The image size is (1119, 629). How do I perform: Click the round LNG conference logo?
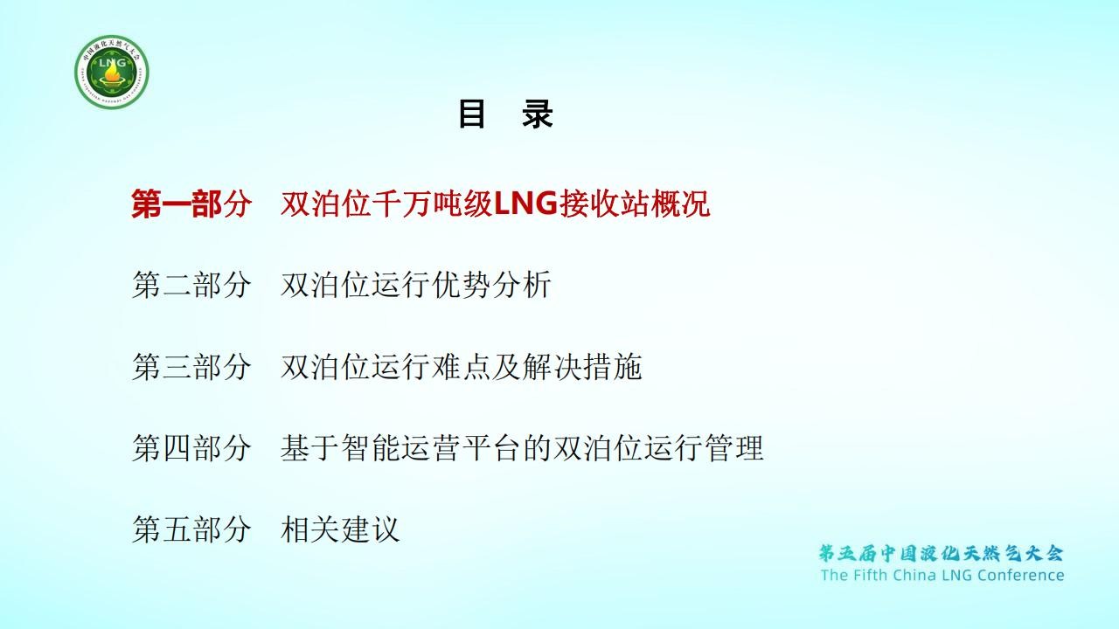(112, 72)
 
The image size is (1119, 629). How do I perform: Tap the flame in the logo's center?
(112, 75)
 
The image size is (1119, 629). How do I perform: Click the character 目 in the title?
(471, 114)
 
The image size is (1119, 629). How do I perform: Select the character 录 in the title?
(538, 114)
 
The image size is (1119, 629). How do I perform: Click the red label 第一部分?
(191, 204)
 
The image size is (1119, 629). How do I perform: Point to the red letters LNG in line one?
(525, 204)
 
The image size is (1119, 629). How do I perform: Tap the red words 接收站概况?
(635, 204)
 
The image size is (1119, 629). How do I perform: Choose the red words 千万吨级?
(433, 204)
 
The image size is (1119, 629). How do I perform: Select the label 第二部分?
(191, 285)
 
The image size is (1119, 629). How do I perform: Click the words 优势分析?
(491, 285)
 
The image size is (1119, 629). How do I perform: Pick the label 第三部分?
(191, 366)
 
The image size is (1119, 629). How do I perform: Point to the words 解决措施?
(582, 366)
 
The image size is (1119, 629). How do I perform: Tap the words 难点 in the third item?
(462, 366)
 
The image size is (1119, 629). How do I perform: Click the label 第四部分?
(191, 447)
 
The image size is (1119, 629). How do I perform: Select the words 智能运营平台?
(400, 447)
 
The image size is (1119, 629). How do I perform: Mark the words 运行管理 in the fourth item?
(704, 447)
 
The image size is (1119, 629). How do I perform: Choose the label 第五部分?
(191, 529)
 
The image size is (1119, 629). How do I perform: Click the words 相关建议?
(340, 529)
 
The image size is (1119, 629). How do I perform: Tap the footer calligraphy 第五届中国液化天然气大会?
(942, 554)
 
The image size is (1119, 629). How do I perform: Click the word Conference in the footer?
(1020, 575)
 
